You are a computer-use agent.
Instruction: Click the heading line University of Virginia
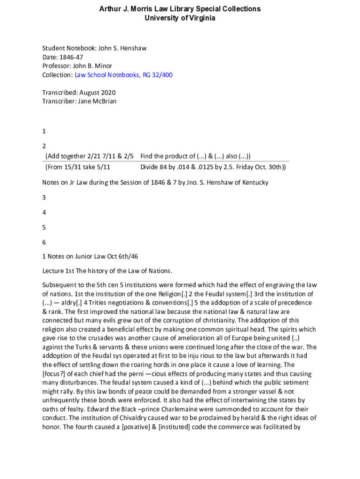pos(180,18)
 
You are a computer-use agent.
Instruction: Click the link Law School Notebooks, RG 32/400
pos(123,75)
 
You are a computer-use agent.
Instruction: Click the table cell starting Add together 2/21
pos(89,156)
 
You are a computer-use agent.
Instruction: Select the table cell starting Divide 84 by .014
pos(213,167)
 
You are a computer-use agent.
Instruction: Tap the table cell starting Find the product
pos(198,156)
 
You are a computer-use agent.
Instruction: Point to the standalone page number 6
pos(44,242)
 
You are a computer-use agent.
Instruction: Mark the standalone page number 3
pos(44,197)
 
